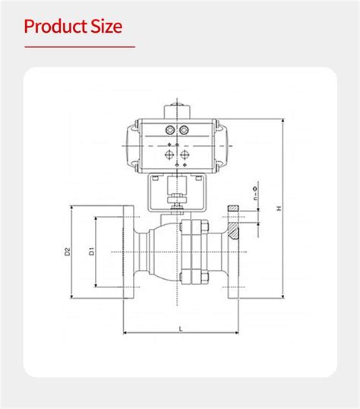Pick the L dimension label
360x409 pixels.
click(x=180, y=328)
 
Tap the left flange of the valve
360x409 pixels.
click(x=127, y=252)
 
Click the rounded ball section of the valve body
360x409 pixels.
click(x=166, y=252)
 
